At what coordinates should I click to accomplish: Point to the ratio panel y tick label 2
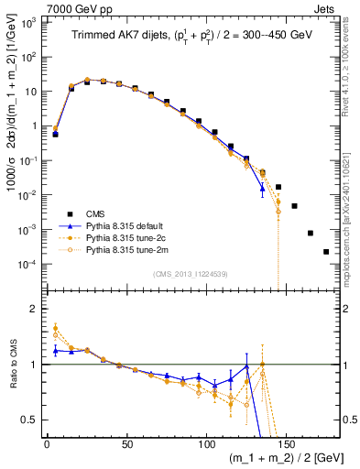tap(37, 309)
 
